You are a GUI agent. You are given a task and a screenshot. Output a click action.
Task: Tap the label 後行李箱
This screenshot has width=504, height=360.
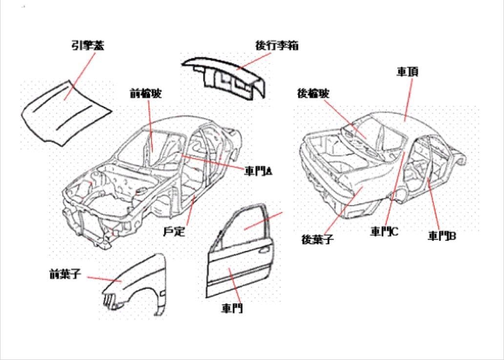click(277, 46)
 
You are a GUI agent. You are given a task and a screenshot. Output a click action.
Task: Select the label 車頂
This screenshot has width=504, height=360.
click(407, 72)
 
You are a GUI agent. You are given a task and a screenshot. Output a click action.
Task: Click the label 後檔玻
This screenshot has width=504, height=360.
click(313, 93)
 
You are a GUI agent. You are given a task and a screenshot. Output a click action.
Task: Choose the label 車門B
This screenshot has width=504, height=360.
click(442, 236)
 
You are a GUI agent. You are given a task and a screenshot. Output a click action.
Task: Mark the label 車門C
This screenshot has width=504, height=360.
click(384, 231)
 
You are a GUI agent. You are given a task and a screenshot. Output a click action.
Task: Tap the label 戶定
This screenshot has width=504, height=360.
click(174, 232)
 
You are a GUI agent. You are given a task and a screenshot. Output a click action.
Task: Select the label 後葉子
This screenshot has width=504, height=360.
click(317, 239)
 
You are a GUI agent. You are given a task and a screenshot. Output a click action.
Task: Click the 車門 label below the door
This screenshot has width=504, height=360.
click(232, 308)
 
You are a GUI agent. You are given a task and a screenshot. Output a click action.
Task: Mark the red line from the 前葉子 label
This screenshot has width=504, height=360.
click(105, 278)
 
